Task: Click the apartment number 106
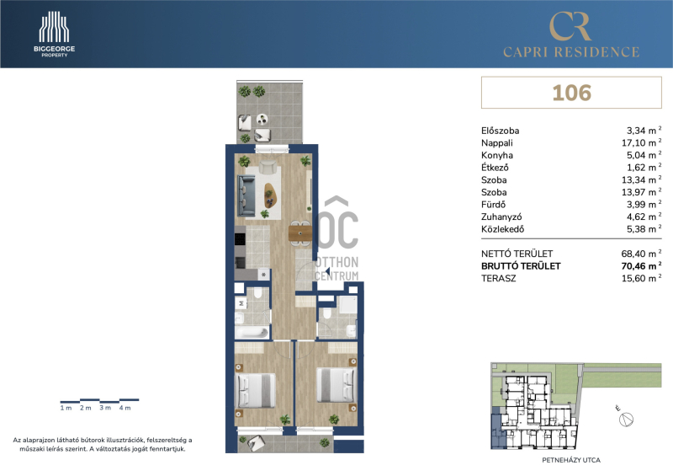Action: click(x=571, y=93)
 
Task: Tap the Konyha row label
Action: click(x=497, y=155)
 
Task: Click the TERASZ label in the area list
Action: click(x=498, y=278)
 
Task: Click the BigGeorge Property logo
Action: click(x=54, y=34)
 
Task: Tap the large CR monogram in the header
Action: click(x=571, y=26)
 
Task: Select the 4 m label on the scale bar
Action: click(x=125, y=408)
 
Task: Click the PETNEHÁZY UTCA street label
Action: click(x=571, y=460)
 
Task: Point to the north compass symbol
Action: click(x=626, y=419)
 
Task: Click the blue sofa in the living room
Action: click(x=246, y=195)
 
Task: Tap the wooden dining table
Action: click(x=300, y=233)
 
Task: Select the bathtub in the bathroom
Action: click(x=252, y=333)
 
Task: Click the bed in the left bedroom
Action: click(x=255, y=390)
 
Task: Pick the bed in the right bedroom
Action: click(x=336, y=385)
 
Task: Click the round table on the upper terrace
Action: click(x=262, y=119)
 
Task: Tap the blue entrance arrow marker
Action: click(x=327, y=271)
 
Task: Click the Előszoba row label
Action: click(x=500, y=131)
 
